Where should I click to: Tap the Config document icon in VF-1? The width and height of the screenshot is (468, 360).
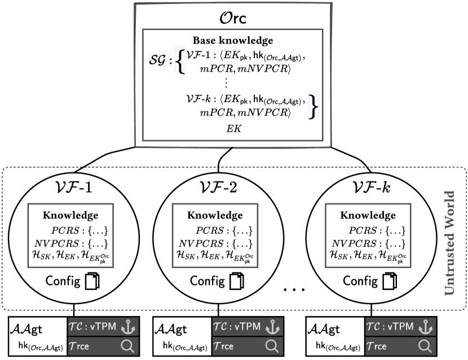92,280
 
